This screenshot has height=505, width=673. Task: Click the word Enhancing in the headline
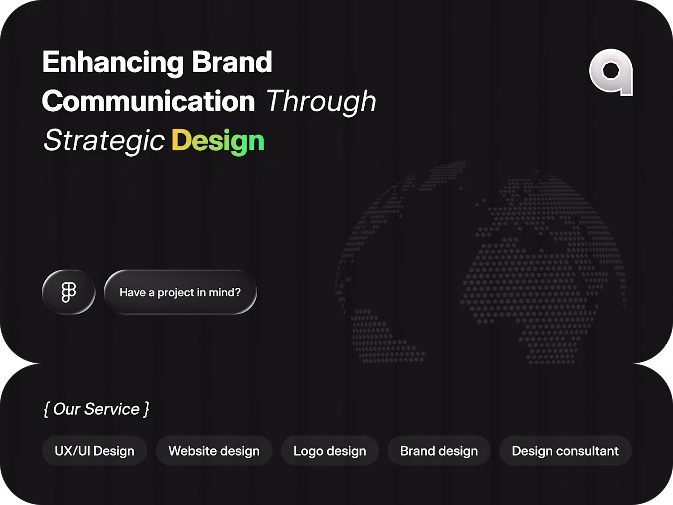(113, 63)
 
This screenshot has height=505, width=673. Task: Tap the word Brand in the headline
(232, 61)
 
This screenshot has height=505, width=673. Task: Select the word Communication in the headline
(149, 101)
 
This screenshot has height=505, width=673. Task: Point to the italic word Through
(321, 102)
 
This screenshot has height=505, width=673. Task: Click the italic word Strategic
(104, 141)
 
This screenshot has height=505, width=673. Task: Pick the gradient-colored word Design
(218, 141)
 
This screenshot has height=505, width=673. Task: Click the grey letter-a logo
(611, 72)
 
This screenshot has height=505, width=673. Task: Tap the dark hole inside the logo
(611, 70)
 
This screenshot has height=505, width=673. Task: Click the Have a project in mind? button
(180, 292)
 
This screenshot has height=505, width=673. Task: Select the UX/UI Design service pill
(94, 451)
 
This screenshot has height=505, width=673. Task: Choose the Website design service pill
(214, 451)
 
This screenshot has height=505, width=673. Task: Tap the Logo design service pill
(330, 451)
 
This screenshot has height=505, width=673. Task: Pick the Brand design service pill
(439, 451)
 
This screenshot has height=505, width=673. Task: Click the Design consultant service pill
(565, 451)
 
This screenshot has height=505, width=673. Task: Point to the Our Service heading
(96, 409)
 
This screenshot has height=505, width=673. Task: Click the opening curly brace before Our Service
(46, 409)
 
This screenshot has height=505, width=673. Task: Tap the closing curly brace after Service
(147, 409)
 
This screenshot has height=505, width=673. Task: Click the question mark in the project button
(238, 292)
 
